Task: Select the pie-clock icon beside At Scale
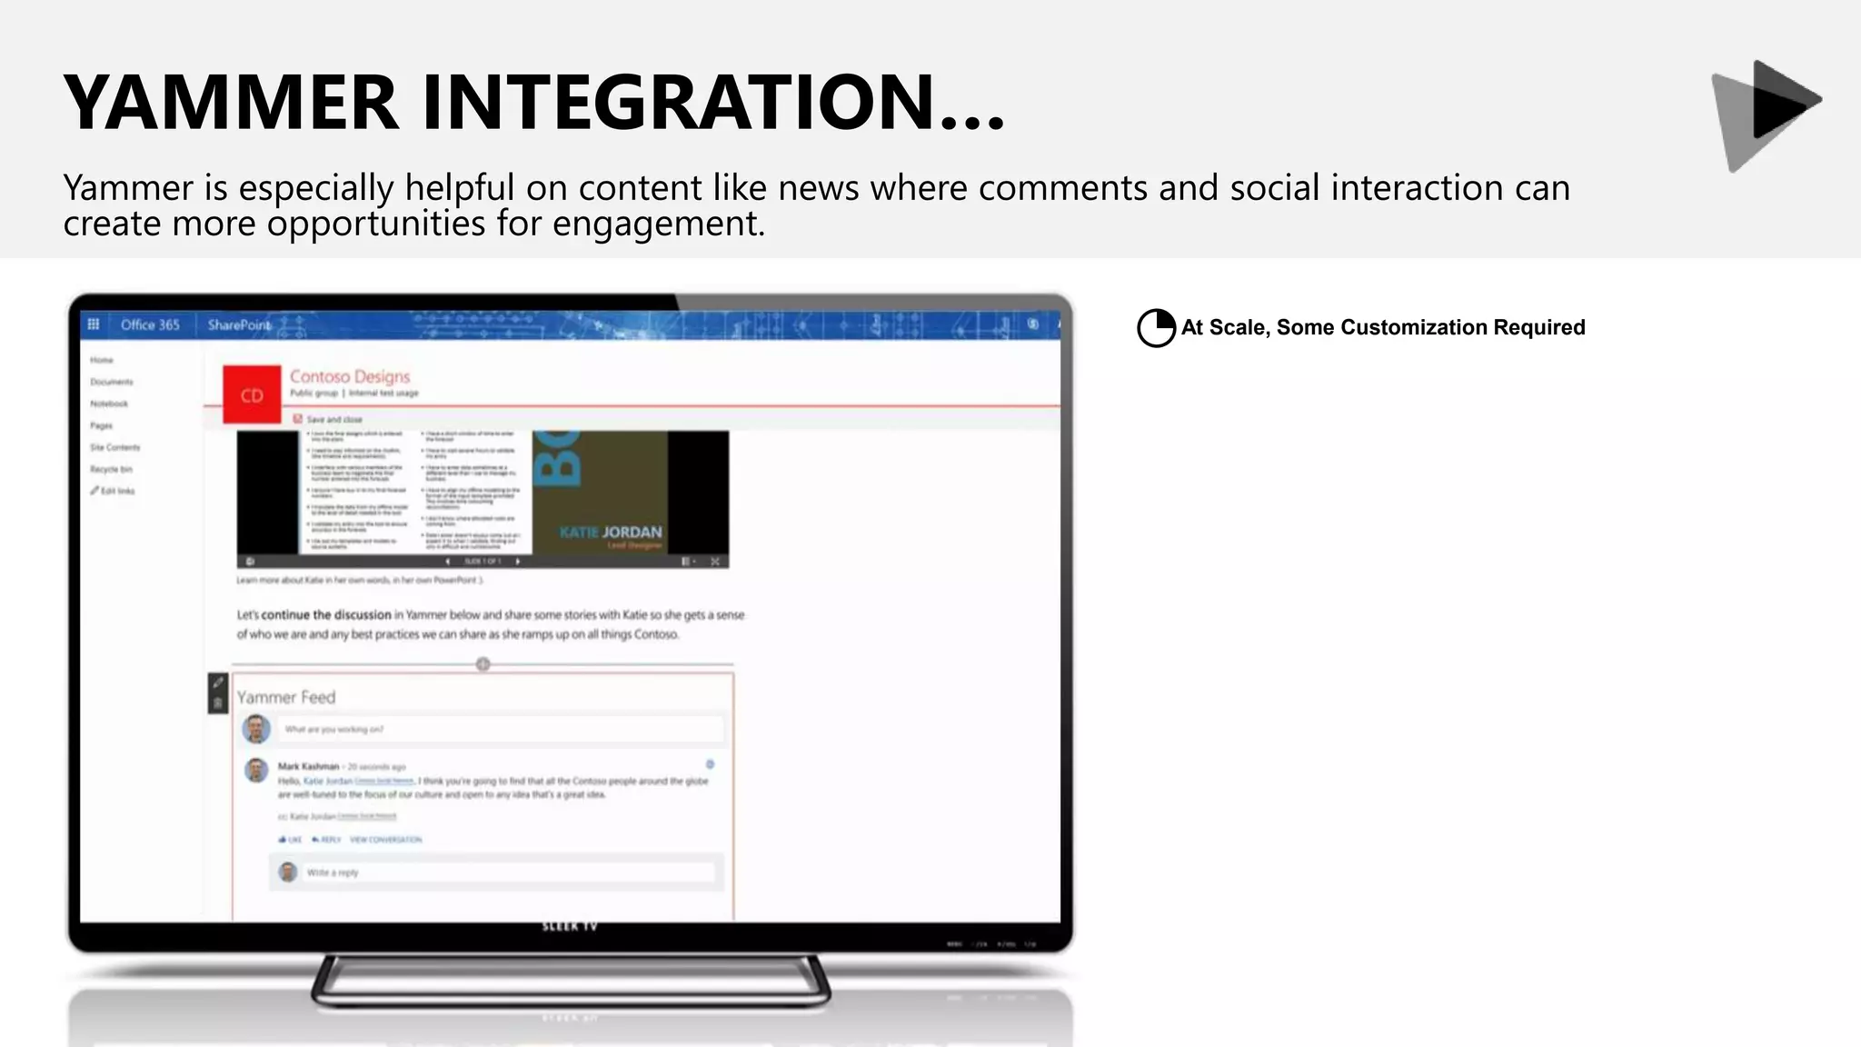point(1156,328)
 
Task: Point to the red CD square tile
point(252,395)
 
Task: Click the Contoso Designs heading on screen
point(350,376)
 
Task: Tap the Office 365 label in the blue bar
point(150,324)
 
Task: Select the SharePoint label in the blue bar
point(238,324)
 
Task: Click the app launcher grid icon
point(93,324)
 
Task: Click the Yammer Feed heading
point(286,697)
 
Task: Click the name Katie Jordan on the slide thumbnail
point(611,532)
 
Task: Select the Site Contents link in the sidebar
point(115,447)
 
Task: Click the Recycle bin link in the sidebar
point(111,469)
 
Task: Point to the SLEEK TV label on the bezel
point(570,926)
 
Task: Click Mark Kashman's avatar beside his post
point(257,770)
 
